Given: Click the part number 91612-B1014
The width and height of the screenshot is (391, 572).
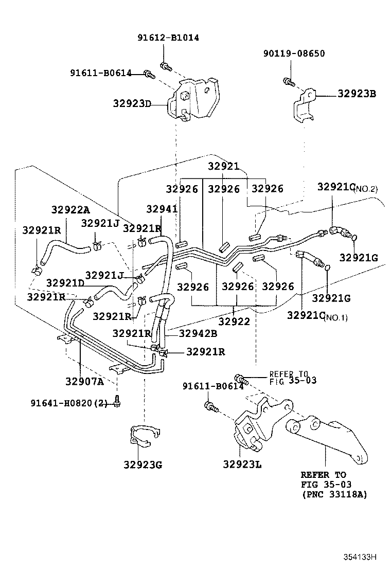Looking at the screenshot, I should [x=168, y=38].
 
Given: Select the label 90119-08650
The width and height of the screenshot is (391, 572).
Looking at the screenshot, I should [x=294, y=53].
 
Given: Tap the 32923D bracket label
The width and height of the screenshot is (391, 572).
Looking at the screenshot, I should [x=132, y=103].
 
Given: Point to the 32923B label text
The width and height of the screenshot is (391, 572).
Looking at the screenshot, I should [x=357, y=94].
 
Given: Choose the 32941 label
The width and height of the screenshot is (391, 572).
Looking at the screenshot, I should [x=162, y=209].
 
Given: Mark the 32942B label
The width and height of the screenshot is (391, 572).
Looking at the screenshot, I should [x=198, y=333].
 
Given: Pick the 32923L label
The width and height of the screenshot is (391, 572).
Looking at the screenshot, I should [x=242, y=464].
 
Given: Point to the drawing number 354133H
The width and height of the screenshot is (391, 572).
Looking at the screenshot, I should [x=361, y=557].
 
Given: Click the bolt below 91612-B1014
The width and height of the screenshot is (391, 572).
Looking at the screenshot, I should [x=166, y=66].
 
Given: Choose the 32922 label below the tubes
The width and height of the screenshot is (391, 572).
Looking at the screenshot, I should [x=234, y=321].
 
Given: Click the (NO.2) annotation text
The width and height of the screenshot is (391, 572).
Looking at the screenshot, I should [x=366, y=189].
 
